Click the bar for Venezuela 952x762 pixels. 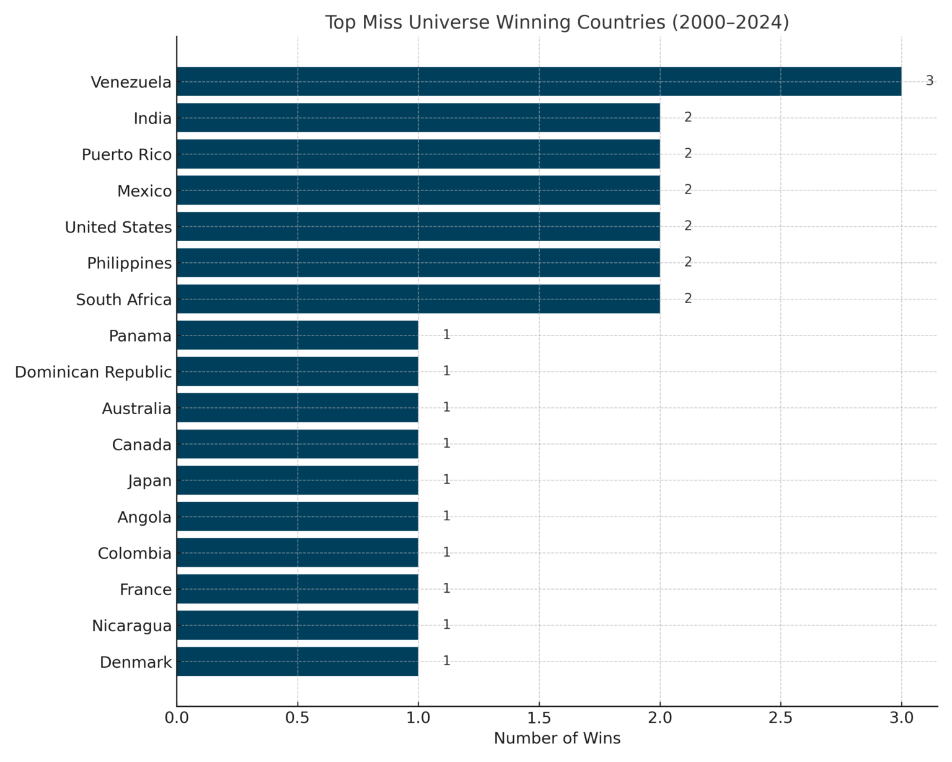click(x=539, y=81)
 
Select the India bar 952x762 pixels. click(x=418, y=118)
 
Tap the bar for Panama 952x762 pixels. click(x=297, y=335)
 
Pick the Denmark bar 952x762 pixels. click(x=297, y=662)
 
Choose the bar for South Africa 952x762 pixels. click(x=418, y=299)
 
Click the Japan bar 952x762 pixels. click(x=297, y=481)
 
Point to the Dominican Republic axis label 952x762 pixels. click(x=93, y=372)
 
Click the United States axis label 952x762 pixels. click(x=118, y=228)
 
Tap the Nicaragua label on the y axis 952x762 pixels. click(x=131, y=626)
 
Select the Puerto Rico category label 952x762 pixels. click(x=126, y=154)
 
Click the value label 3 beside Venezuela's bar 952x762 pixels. click(x=929, y=81)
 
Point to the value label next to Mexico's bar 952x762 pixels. click(x=688, y=190)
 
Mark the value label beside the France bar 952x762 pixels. click(x=446, y=588)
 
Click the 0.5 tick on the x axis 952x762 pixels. click(x=297, y=718)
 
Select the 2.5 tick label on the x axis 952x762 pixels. click(x=780, y=718)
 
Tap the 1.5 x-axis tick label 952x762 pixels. click(x=539, y=718)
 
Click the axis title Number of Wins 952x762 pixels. click(x=557, y=738)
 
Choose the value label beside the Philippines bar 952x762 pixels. click(x=688, y=262)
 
